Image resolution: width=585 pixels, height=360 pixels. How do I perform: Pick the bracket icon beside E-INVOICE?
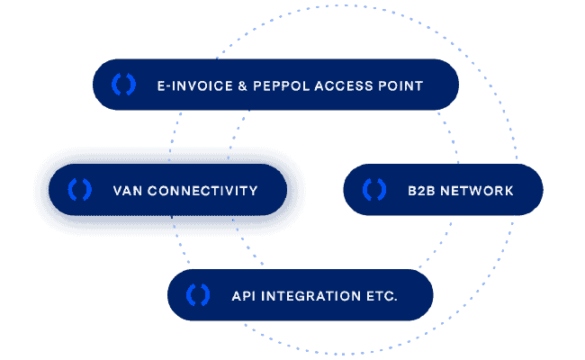point(123,85)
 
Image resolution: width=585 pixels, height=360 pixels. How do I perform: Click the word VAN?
point(127,191)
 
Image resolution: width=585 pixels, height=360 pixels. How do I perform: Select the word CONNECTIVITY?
point(203,191)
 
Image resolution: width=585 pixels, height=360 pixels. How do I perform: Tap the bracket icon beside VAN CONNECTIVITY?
point(79,190)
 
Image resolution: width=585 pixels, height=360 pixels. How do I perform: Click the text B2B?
point(421,191)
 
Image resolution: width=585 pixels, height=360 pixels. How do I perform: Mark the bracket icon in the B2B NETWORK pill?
point(373,190)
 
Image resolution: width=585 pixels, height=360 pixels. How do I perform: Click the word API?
point(244,295)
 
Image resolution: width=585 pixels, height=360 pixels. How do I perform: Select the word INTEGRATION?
point(310,295)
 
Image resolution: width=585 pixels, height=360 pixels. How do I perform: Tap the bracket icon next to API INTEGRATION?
point(198,294)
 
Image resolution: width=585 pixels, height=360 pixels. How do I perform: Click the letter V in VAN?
point(118,191)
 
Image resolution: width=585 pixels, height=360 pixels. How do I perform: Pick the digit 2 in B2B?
point(421,191)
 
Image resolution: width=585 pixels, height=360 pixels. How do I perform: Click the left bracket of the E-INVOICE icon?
point(115,85)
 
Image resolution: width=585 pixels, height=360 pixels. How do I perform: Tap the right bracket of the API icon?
point(206,294)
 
